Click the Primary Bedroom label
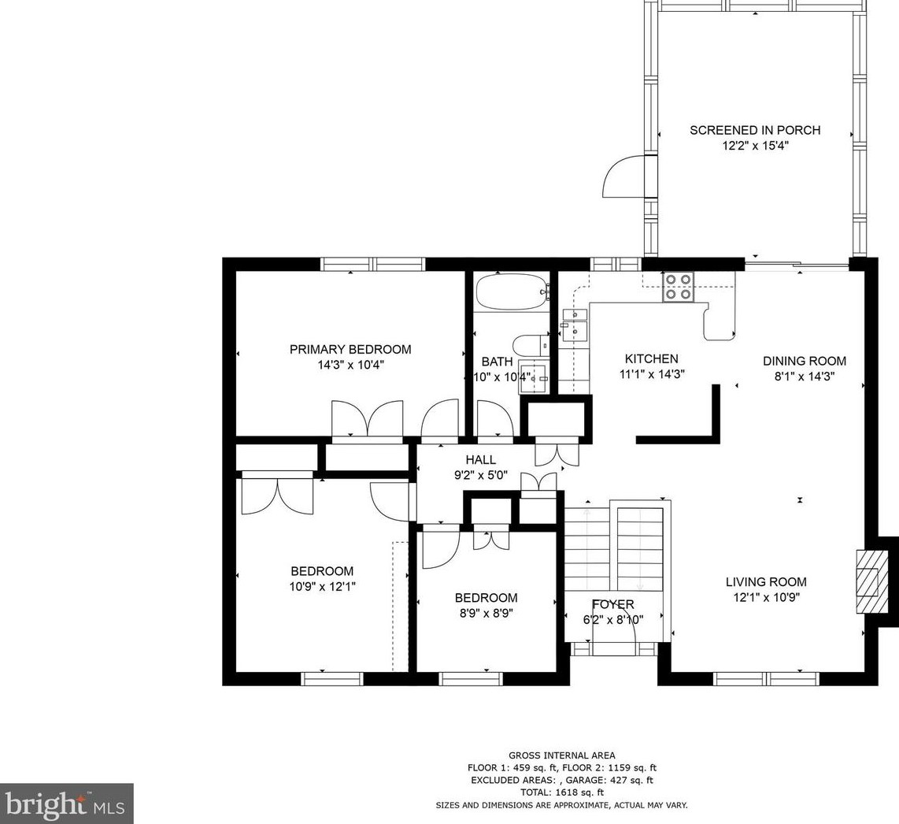pyautogui.click(x=350, y=350)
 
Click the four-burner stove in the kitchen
pyautogui.click(x=678, y=286)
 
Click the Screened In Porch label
pyautogui.click(x=755, y=130)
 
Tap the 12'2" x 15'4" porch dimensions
pyautogui.click(x=756, y=146)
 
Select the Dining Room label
pyautogui.click(x=805, y=361)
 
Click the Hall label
pyautogui.click(x=480, y=459)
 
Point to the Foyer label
pyautogui.click(x=613, y=604)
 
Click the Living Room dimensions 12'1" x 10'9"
pyautogui.click(x=767, y=597)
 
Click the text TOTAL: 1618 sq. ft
pyautogui.click(x=562, y=792)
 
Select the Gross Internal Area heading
pyautogui.click(x=562, y=755)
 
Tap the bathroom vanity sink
pyautogui.click(x=534, y=377)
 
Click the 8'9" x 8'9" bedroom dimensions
pyautogui.click(x=486, y=613)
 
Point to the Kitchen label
pyautogui.click(x=651, y=359)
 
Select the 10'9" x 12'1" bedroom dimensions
pyautogui.click(x=322, y=586)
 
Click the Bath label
pyautogui.click(x=497, y=362)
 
